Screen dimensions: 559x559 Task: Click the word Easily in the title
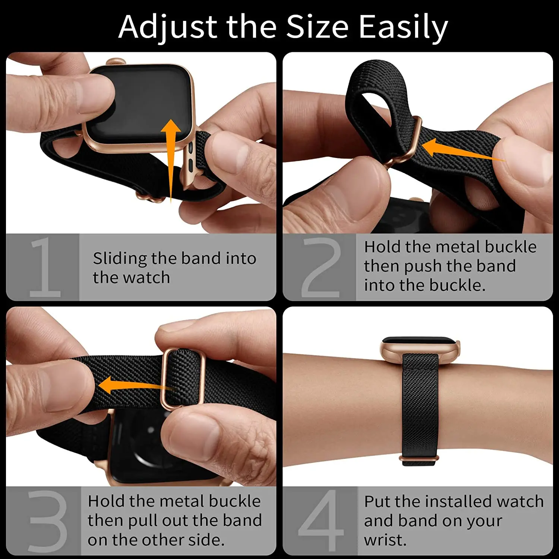point(403,27)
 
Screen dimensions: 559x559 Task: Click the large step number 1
point(44,267)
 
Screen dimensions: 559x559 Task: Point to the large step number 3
point(47,521)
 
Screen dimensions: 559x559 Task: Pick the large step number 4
point(321,521)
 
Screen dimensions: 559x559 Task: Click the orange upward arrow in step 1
point(171,157)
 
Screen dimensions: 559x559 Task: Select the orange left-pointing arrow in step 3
point(130,386)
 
